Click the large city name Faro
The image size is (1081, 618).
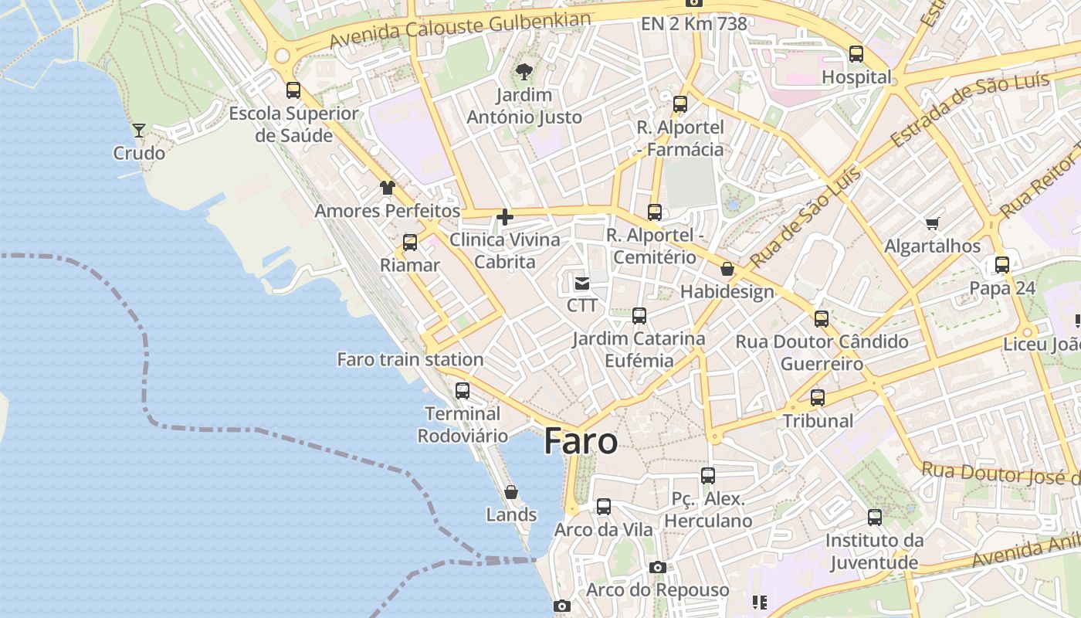pyautogui.click(x=581, y=441)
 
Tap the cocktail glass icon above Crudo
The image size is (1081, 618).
pyautogui.click(x=139, y=131)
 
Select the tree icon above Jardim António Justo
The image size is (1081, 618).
pyautogui.click(x=524, y=72)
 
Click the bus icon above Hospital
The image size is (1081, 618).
pyautogui.click(x=856, y=54)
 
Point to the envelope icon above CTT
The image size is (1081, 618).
pyautogui.click(x=582, y=284)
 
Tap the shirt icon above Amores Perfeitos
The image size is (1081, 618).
pyautogui.click(x=387, y=188)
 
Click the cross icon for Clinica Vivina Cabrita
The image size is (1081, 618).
pyautogui.click(x=505, y=217)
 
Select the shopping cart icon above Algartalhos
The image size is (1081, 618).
pyautogui.click(x=932, y=224)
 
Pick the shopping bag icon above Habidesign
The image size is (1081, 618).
pyautogui.click(x=727, y=269)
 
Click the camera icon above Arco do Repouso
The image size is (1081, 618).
pyautogui.click(x=657, y=568)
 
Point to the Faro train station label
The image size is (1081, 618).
pyautogui.click(x=410, y=359)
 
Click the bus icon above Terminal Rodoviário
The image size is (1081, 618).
pyautogui.click(x=463, y=391)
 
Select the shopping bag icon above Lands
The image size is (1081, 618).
pyautogui.click(x=510, y=492)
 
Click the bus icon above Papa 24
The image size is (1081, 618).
pyautogui.click(x=1002, y=265)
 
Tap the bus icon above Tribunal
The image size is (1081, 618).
pyautogui.click(x=818, y=398)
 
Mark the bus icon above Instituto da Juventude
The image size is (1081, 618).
pyautogui.click(x=875, y=518)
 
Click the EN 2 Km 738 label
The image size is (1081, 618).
pyautogui.click(x=694, y=24)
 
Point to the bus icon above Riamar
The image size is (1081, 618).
pyautogui.click(x=410, y=243)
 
